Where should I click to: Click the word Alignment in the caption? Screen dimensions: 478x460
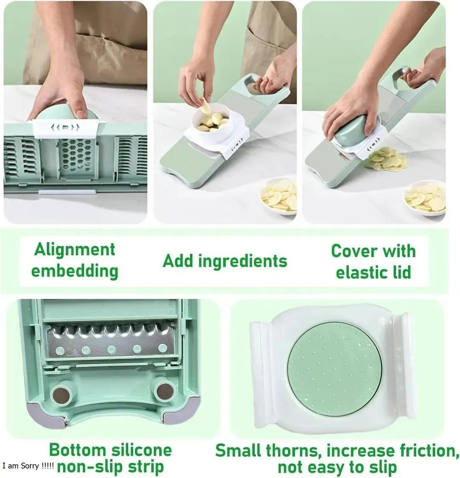[x=75, y=250]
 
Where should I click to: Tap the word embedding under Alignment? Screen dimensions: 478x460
[x=75, y=271]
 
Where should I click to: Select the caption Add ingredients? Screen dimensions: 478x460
[x=225, y=261]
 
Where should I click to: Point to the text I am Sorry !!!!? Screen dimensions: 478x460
[x=28, y=466]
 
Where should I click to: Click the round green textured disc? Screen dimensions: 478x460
[x=335, y=366]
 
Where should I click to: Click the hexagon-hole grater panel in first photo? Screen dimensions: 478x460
[x=75, y=158]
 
